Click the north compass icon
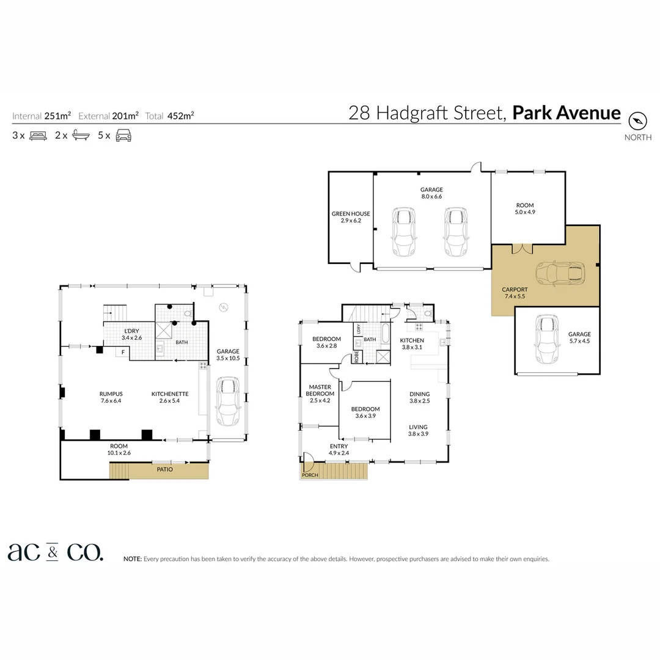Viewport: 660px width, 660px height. (637, 120)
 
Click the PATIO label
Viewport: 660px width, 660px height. (164, 469)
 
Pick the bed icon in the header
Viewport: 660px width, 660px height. (38, 136)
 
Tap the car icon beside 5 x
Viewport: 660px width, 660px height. (124, 136)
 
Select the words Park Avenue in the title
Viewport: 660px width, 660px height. (566, 113)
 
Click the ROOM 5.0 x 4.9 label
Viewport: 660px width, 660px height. (524, 209)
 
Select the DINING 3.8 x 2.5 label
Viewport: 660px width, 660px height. (419, 397)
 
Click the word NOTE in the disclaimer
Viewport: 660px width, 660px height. (132, 559)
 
